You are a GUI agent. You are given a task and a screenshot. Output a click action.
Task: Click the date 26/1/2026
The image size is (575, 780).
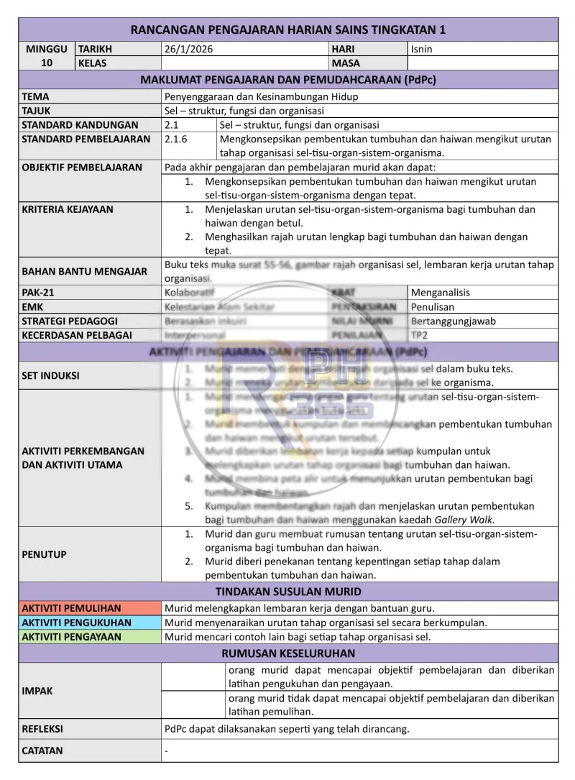coord(189,49)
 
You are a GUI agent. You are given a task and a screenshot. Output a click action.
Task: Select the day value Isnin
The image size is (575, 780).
coord(421,49)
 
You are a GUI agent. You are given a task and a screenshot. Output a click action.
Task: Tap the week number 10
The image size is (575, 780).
coord(46,63)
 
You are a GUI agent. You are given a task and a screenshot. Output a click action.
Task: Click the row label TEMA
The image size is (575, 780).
coord(36,96)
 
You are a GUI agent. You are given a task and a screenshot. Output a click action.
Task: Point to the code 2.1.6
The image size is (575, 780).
coord(177,139)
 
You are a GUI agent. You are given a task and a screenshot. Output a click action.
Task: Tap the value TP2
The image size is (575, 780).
coord(420,335)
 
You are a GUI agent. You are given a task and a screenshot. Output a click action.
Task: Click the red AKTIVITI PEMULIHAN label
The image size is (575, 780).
coord(71,608)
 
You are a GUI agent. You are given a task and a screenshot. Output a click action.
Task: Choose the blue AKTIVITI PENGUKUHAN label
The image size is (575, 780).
coord(76,623)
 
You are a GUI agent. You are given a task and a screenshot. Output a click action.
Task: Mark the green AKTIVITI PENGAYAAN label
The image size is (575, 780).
coord(71,636)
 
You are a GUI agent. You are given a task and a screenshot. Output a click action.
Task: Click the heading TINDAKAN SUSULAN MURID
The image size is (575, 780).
coord(288,592)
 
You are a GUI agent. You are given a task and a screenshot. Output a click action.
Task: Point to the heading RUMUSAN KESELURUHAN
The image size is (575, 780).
coord(288,653)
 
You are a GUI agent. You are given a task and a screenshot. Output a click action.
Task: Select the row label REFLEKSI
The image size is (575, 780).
coord(42,728)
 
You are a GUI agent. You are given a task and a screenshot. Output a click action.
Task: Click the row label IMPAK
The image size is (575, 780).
coord(37,691)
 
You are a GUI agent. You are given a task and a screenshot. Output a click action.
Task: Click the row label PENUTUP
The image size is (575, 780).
coord(44,554)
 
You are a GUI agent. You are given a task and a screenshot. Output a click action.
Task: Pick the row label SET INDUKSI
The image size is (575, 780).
coord(50,375)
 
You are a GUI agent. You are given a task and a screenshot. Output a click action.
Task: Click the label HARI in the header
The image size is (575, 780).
coord(344,49)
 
